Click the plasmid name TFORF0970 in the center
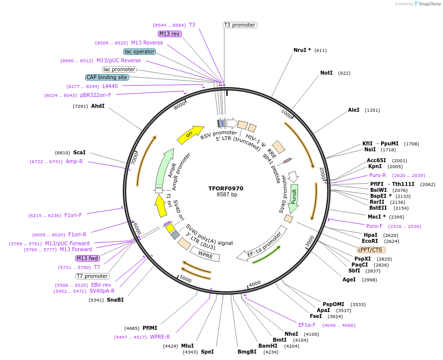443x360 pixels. (x=226, y=188)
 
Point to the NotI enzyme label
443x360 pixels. (x=326, y=73)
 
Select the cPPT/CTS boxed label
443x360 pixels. (x=370, y=250)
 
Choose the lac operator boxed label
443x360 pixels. (x=140, y=51)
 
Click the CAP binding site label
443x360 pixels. (x=107, y=77)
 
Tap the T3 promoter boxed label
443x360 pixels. (x=240, y=25)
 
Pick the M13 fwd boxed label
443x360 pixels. (x=87, y=258)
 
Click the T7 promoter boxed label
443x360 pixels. (x=93, y=276)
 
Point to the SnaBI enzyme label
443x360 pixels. (x=115, y=300)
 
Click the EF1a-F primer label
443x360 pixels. (x=307, y=325)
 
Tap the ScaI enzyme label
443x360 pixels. (x=79, y=152)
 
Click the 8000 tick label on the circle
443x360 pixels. (x=180, y=105)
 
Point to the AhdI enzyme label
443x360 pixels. (x=98, y=106)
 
